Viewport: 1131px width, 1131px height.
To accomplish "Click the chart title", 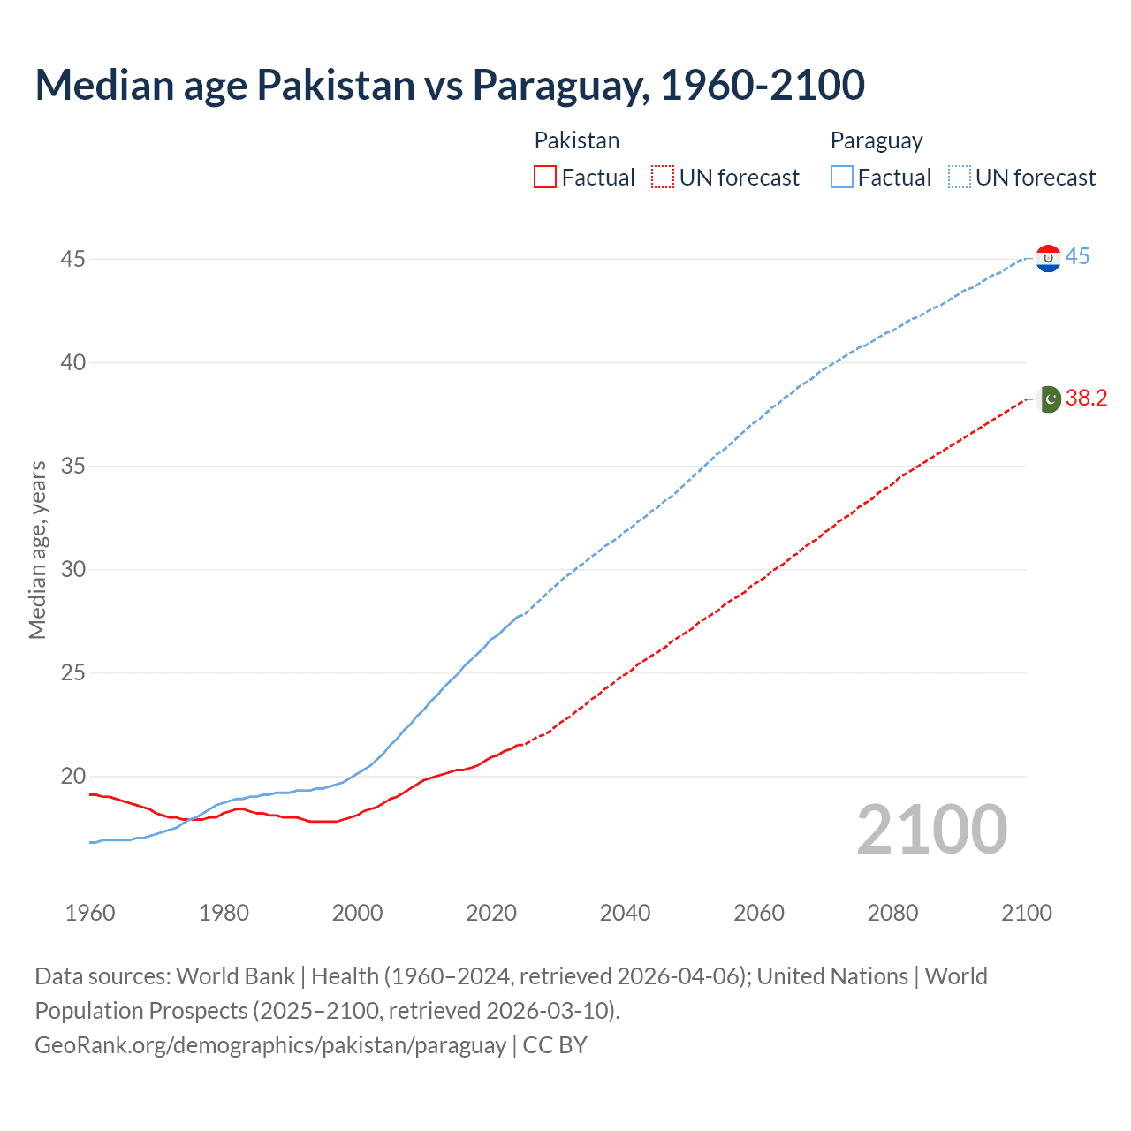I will [x=449, y=86].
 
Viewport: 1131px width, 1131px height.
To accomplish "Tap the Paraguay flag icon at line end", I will [x=1048, y=258].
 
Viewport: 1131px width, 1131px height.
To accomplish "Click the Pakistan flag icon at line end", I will [x=1049, y=399].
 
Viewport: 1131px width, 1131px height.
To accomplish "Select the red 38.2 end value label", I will [x=1086, y=399].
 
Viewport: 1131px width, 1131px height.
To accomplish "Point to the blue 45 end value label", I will [x=1077, y=257].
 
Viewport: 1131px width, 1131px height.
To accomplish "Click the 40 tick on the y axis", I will [x=73, y=362].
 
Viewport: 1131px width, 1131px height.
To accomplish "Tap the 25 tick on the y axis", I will [x=73, y=672].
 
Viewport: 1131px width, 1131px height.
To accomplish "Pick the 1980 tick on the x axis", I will [x=224, y=913].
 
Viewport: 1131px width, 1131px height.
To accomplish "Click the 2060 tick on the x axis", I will [x=759, y=913].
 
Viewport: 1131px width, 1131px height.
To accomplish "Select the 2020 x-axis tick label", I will [x=491, y=913].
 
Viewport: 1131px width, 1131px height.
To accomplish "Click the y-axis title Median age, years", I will [x=37, y=550].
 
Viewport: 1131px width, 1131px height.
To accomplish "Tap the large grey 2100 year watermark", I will [x=931, y=829].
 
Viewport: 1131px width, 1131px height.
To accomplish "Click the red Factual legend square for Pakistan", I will [x=545, y=178].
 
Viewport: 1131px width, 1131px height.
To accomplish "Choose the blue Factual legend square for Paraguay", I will [x=842, y=178].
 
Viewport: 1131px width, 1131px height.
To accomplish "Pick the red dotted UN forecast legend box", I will [x=663, y=178].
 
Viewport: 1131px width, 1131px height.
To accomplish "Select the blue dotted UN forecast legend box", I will [x=960, y=178].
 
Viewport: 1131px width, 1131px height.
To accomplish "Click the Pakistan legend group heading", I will [x=577, y=140].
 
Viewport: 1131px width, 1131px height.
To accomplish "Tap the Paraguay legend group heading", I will [x=877, y=140].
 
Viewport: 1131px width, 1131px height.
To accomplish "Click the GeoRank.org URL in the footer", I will [x=270, y=1045].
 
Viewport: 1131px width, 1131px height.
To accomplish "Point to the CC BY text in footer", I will [x=555, y=1045].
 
